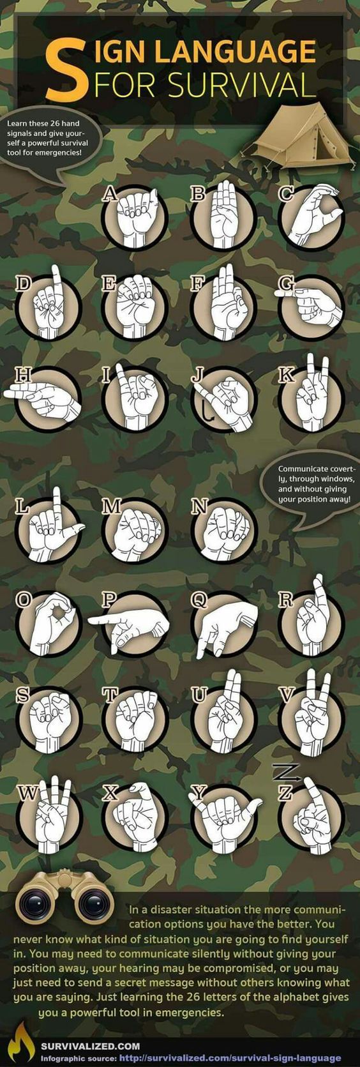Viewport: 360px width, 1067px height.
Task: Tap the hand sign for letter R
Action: coord(313,614)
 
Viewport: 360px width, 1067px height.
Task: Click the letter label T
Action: coord(110,695)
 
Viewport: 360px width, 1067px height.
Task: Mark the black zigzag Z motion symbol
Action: coord(286,772)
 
